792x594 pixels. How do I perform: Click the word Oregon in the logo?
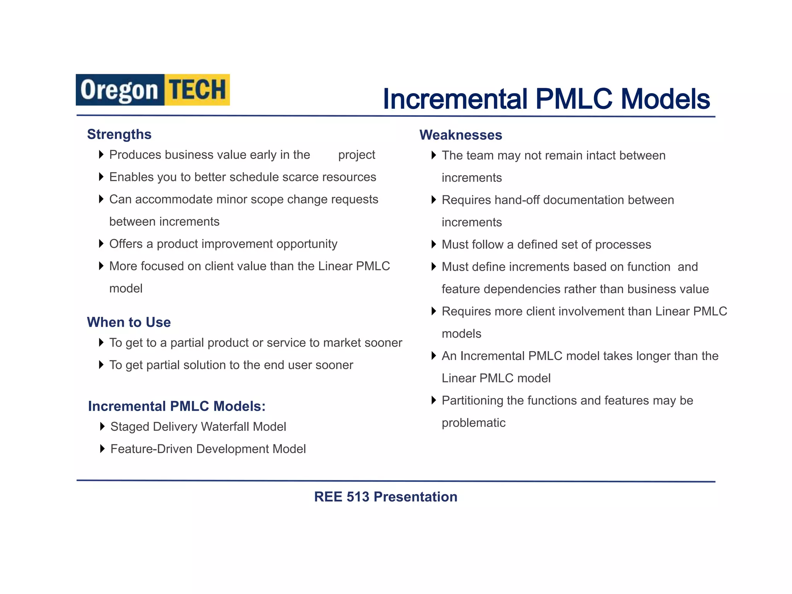119,90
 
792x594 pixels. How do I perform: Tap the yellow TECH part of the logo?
197,90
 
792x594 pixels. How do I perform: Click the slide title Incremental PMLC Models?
546,99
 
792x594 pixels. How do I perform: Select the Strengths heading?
119,134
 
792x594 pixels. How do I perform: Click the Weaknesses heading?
461,135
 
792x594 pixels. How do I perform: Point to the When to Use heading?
129,322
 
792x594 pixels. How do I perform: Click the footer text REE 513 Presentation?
386,497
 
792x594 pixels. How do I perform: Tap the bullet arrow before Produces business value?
101,155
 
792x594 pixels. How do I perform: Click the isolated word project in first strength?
357,155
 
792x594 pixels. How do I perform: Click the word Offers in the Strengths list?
126,244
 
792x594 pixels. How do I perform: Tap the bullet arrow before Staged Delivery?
102,427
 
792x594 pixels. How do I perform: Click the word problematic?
473,423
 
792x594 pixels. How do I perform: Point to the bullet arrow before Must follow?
434,244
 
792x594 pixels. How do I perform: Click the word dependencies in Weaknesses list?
520,289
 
